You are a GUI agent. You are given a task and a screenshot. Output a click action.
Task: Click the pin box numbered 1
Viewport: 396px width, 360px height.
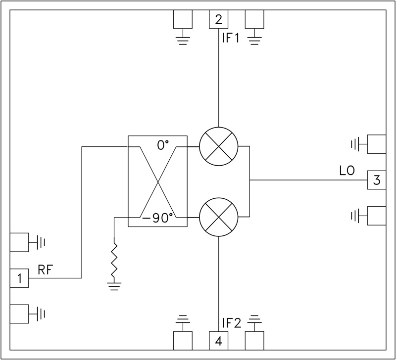[19, 278]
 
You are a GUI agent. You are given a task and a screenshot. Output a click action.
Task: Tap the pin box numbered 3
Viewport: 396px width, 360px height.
[376, 180]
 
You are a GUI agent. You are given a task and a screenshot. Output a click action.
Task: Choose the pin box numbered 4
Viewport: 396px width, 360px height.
[218, 341]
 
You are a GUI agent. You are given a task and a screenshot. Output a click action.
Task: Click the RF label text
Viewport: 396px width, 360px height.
[46, 270]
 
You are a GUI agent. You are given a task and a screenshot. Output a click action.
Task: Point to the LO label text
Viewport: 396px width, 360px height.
[347, 172]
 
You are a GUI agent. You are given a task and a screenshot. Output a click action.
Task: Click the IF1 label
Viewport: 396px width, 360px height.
[231, 38]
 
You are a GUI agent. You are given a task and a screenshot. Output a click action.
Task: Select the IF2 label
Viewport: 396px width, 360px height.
[232, 324]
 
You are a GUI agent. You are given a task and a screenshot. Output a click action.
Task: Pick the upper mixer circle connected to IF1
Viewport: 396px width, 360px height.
[218, 147]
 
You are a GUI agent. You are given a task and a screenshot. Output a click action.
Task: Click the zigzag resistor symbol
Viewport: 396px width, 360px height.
[114, 260]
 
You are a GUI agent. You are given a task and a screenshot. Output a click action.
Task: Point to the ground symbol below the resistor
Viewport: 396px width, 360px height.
[114, 285]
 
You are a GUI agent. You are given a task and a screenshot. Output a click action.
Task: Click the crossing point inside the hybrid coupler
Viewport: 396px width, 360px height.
[158, 182]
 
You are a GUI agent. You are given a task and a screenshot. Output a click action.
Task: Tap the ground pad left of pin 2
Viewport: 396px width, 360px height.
[182, 20]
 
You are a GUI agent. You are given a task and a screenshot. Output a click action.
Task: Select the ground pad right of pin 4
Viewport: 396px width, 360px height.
[255, 340]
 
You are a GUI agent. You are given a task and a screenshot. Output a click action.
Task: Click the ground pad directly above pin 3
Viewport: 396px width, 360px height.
[376, 144]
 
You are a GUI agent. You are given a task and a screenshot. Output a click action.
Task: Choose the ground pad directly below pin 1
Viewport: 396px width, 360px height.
[19, 313]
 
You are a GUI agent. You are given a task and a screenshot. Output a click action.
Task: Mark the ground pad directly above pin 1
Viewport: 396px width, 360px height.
[19, 242]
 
